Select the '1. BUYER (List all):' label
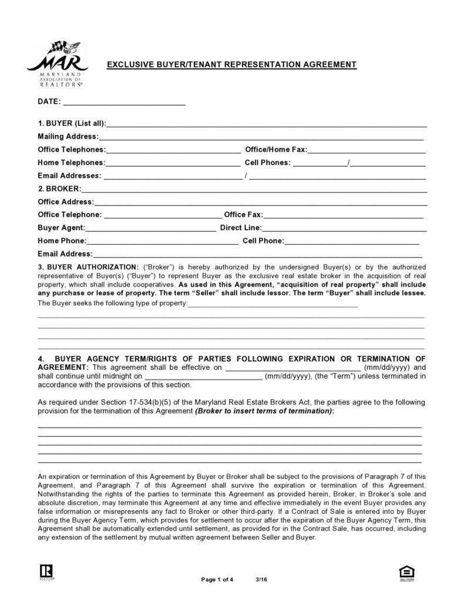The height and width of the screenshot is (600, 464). click(72, 123)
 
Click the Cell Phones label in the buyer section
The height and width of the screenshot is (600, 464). click(267, 163)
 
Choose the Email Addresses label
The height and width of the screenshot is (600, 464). click(69, 176)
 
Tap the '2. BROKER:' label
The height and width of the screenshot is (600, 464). click(59, 189)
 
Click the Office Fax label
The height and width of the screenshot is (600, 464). click(243, 215)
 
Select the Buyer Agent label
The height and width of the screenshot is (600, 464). click(62, 228)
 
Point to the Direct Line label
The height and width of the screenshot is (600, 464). click(241, 228)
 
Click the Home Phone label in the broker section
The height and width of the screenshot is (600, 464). click(62, 241)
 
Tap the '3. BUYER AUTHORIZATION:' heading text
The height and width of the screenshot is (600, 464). click(88, 266)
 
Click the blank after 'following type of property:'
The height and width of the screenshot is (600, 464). click(273, 304)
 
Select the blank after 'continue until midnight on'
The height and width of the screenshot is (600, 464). click(203, 376)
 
